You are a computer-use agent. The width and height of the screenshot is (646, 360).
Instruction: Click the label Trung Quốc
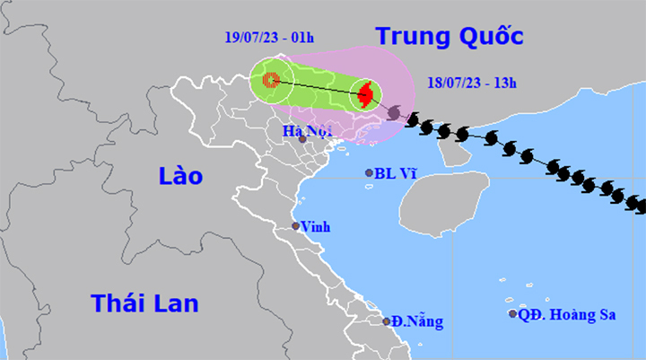tap(449, 36)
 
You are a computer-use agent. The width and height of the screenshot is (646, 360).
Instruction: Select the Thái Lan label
tap(144, 303)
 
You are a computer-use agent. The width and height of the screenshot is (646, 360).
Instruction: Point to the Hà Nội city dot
tap(302, 139)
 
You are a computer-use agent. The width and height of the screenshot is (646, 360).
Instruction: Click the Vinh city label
tap(316, 226)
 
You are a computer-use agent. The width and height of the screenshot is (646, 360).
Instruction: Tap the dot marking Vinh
tap(296, 226)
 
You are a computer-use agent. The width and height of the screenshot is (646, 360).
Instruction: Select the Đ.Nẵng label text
tap(417, 320)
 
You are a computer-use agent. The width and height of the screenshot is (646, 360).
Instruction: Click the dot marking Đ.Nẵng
tap(387, 320)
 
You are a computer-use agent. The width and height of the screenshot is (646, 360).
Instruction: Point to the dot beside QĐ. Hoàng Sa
tap(513, 313)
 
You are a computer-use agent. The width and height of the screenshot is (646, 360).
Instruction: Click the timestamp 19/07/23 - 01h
tap(268, 38)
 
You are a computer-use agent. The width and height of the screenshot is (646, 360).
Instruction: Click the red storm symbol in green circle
tap(364, 92)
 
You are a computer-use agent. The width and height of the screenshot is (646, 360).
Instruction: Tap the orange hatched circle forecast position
tap(270, 79)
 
